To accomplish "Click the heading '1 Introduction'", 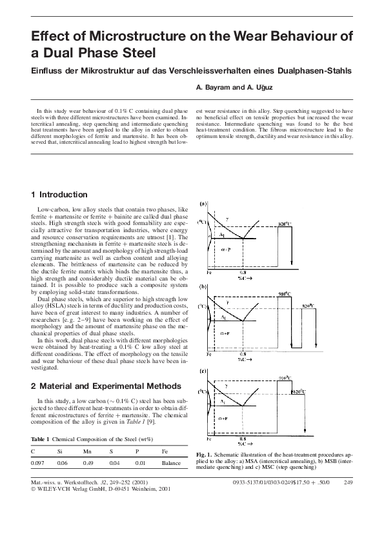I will point(59,194).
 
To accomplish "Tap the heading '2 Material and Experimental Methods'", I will point(101,386).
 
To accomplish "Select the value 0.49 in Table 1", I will point(89,463).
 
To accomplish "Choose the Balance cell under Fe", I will point(171,463).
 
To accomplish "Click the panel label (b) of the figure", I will point(203,286).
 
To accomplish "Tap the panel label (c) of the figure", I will point(203,371).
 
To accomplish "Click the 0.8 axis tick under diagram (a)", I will point(242,273).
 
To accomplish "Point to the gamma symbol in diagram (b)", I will point(227,302).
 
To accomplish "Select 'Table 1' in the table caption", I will point(41,440).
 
